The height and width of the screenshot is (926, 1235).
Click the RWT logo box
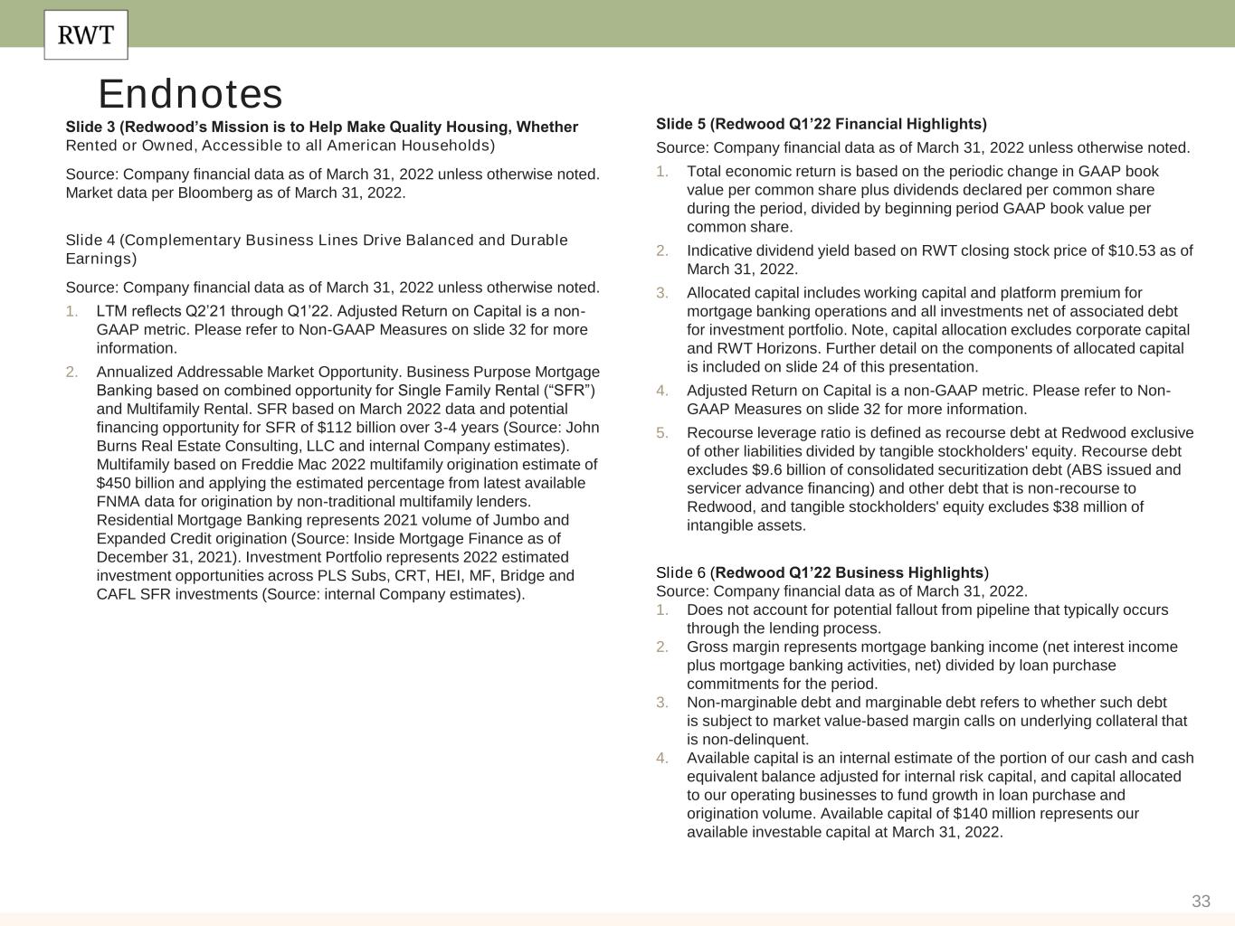pyautogui.click(x=86, y=35)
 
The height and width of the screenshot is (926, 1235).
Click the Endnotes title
pyautogui.click(x=190, y=94)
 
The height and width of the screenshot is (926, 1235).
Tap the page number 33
pyautogui.click(x=1201, y=901)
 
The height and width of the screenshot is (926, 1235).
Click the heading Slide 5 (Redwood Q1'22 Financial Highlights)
pyautogui.click(x=821, y=124)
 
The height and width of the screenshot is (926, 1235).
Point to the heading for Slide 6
pyautogui.click(x=822, y=572)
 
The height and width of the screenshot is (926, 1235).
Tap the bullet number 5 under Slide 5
pyautogui.click(x=662, y=432)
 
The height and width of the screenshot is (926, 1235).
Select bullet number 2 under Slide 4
pyautogui.click(x=71, y=372)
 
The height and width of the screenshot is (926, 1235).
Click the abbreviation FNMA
pyautogui.click(x=118, y=502)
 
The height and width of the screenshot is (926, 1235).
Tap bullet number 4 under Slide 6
pyautogui.click(x=662, y=758)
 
